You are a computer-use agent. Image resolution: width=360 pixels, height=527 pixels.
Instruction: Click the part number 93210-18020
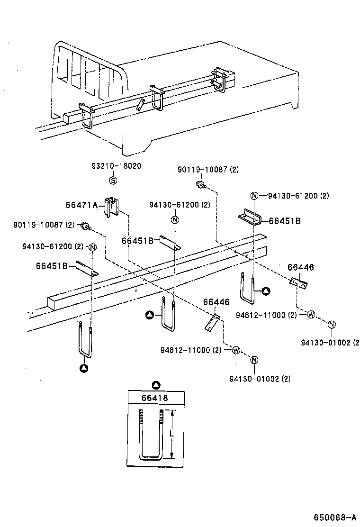[116, 165]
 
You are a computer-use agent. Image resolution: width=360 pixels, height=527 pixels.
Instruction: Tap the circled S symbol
[113, 180]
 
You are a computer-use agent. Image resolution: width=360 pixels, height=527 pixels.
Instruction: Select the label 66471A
[81, 205]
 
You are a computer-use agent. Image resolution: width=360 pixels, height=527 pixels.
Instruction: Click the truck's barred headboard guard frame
[90, 71]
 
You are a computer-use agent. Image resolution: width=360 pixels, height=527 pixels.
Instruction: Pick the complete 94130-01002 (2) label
[260, 378]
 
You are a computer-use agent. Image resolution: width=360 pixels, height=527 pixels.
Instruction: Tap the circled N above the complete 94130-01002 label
[253, 360]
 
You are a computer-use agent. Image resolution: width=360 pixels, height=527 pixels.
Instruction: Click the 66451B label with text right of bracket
[284, 220]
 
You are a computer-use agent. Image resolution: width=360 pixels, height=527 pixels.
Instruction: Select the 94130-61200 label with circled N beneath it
[180, 205]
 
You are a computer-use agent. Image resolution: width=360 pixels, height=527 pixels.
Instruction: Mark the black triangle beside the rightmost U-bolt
[266, 290]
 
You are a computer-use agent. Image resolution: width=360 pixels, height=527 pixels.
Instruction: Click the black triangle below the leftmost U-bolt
[84, 367]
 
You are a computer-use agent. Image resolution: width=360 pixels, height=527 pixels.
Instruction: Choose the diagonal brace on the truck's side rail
[141, 104]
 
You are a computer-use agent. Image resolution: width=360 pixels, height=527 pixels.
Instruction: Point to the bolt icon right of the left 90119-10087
[86, 226]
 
